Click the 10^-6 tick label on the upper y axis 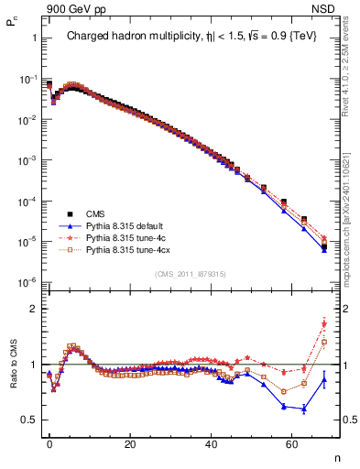(x=27, y=281)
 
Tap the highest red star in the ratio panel (x=324, y=322)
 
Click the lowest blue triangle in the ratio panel (x=304, y=409)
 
